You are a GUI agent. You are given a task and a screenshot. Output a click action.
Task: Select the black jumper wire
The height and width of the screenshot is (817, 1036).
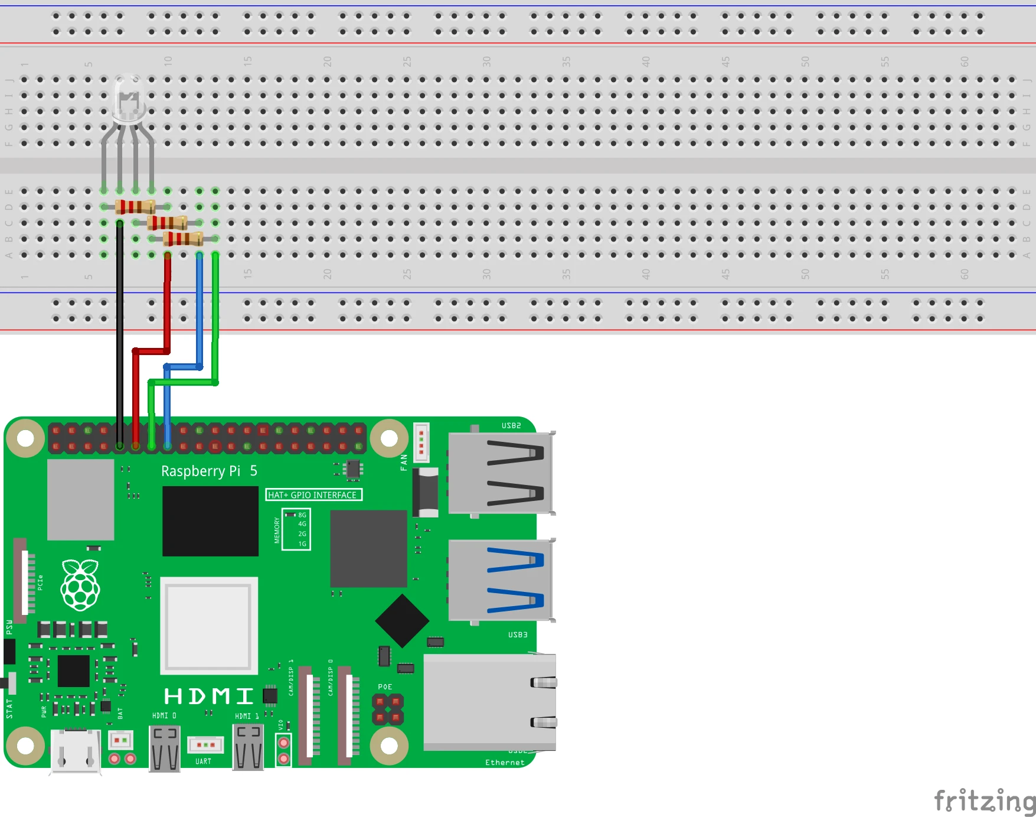point(120,331)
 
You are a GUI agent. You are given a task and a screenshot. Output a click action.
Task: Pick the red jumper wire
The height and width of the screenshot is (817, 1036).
point(168,307)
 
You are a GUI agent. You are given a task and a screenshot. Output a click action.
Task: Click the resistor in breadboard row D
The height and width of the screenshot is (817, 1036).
point(135,207)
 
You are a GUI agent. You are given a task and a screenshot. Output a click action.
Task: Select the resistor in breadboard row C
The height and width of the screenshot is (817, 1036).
point(167,223)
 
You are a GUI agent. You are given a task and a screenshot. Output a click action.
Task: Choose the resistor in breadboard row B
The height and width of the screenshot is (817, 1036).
point(183,239)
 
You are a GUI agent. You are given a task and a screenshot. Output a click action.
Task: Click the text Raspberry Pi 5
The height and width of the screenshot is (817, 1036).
point(209,471)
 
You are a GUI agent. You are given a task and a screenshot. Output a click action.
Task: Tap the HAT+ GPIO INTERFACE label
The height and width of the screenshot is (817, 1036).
point(313,495)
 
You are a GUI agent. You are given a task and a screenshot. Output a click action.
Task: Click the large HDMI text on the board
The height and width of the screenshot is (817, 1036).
point(208,696)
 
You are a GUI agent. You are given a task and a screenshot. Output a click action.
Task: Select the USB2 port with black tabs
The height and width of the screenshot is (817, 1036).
point(501,473)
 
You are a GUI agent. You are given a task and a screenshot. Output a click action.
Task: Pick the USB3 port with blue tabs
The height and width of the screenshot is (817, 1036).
point(501,580)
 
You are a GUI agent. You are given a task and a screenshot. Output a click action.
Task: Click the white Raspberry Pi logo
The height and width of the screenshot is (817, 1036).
point(80,585)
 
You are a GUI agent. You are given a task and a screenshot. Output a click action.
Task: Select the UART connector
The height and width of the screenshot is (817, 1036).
point(205,745)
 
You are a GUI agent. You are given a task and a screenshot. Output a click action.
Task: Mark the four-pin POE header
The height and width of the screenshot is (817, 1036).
point(387,709)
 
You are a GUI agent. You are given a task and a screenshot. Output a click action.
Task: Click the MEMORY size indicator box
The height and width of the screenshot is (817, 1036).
point(296,529)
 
